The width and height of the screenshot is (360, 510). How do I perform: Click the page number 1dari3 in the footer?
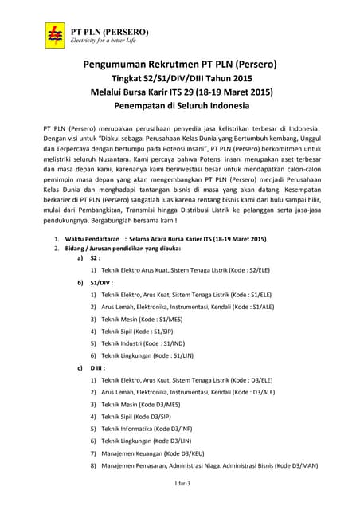coord(179,484)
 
